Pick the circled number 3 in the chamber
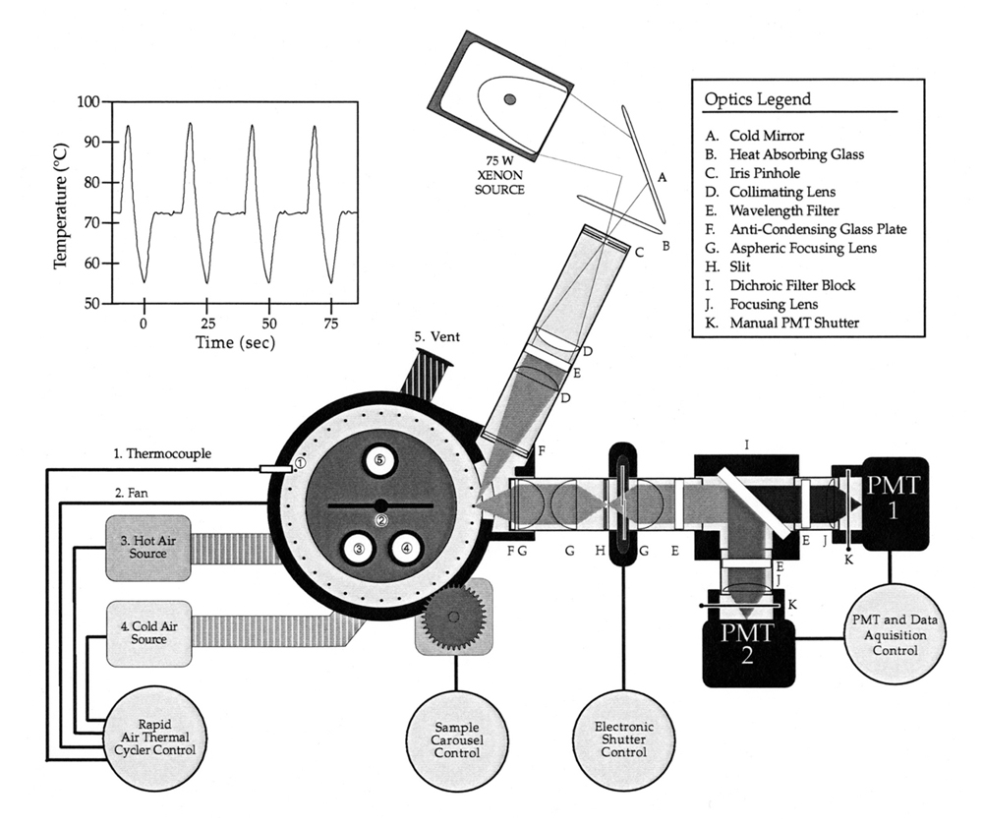pos(359,550)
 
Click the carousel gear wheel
pos(453,616)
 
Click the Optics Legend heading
pos(757,100)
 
